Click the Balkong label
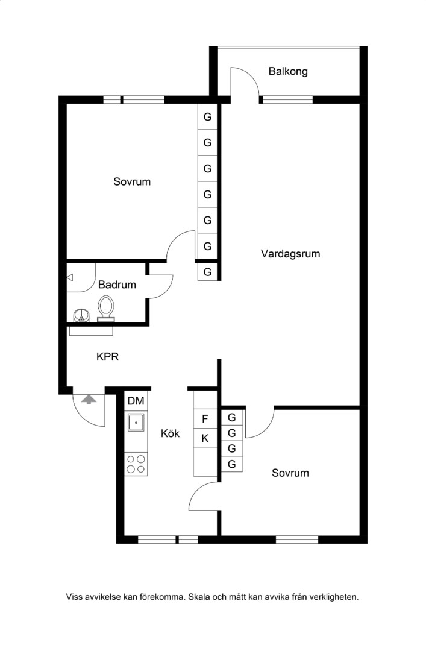click(288, 71)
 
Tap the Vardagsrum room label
click(290, 254)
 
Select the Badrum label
click(117, 285)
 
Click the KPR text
click(107, 356)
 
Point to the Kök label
click(171, 433)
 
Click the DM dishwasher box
click(136, 401)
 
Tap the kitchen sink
click(136, 423)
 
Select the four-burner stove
click(136, 464)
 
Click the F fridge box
click(205, 419)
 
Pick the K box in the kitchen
click(205, 438)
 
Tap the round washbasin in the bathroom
click(81, 315)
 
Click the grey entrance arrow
click(89, 400)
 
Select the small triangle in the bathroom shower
click(70, 277)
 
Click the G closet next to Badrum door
click(207, 272)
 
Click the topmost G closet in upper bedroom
click(207, 117)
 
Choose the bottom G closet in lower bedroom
click(232, 464)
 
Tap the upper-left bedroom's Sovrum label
click(132, 181)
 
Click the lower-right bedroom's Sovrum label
click(290, 473)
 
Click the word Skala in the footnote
click(199, 597)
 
